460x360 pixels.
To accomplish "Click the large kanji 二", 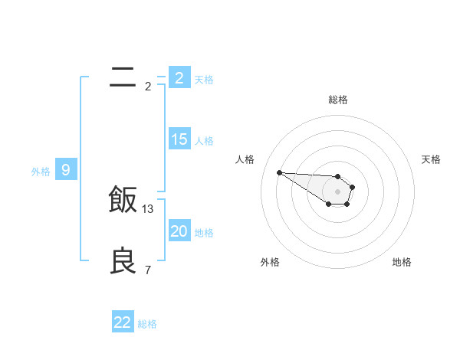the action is (123, 77).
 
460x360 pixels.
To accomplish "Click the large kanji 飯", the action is (123, 200).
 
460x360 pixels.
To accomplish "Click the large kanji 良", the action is (123, 260).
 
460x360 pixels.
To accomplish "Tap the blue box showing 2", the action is (179, 78).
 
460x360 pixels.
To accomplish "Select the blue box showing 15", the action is (179, 139).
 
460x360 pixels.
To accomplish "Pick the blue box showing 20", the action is (179, 231).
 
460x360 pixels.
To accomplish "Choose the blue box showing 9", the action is (66, 170).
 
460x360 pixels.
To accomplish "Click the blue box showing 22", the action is (123, 322).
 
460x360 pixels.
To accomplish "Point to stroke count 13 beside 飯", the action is (148, 208).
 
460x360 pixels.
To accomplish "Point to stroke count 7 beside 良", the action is (148, 270).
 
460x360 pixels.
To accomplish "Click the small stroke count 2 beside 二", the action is (148, 87).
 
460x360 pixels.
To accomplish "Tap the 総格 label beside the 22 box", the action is (147, 324).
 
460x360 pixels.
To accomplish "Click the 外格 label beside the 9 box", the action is (41, 172).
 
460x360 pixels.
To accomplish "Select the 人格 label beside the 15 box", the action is (204, 141).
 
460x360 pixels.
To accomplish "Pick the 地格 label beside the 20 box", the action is (204, 233).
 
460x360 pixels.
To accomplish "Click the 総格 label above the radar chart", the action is (338, 100).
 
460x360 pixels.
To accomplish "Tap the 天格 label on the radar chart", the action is (431, 159).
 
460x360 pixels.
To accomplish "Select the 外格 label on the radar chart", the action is (270, 262).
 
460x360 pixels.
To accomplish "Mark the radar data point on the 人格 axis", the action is (279, 172).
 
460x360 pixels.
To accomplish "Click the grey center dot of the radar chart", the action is (338, 191).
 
